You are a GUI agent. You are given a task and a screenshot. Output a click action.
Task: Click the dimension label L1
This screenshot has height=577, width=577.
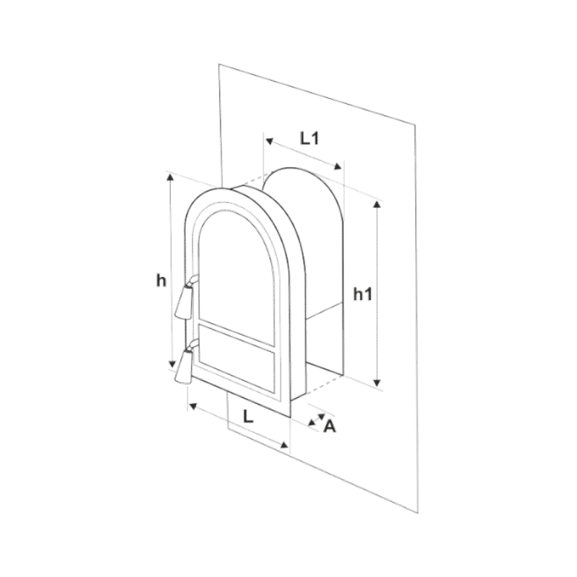click(309, 138)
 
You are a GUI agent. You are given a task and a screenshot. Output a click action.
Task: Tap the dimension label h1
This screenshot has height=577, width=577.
click(363, 294)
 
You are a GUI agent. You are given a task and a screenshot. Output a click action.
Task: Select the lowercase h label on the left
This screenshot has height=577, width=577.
click(161, 281)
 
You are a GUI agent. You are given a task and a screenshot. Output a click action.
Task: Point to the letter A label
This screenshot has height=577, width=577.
click(330, 426)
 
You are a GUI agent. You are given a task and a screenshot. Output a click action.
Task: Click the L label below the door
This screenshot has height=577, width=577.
click(248, 417)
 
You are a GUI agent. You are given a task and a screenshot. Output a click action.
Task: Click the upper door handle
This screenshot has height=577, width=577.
click(185, 299)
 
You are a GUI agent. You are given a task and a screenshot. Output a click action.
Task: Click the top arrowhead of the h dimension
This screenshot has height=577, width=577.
click(170, 177)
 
